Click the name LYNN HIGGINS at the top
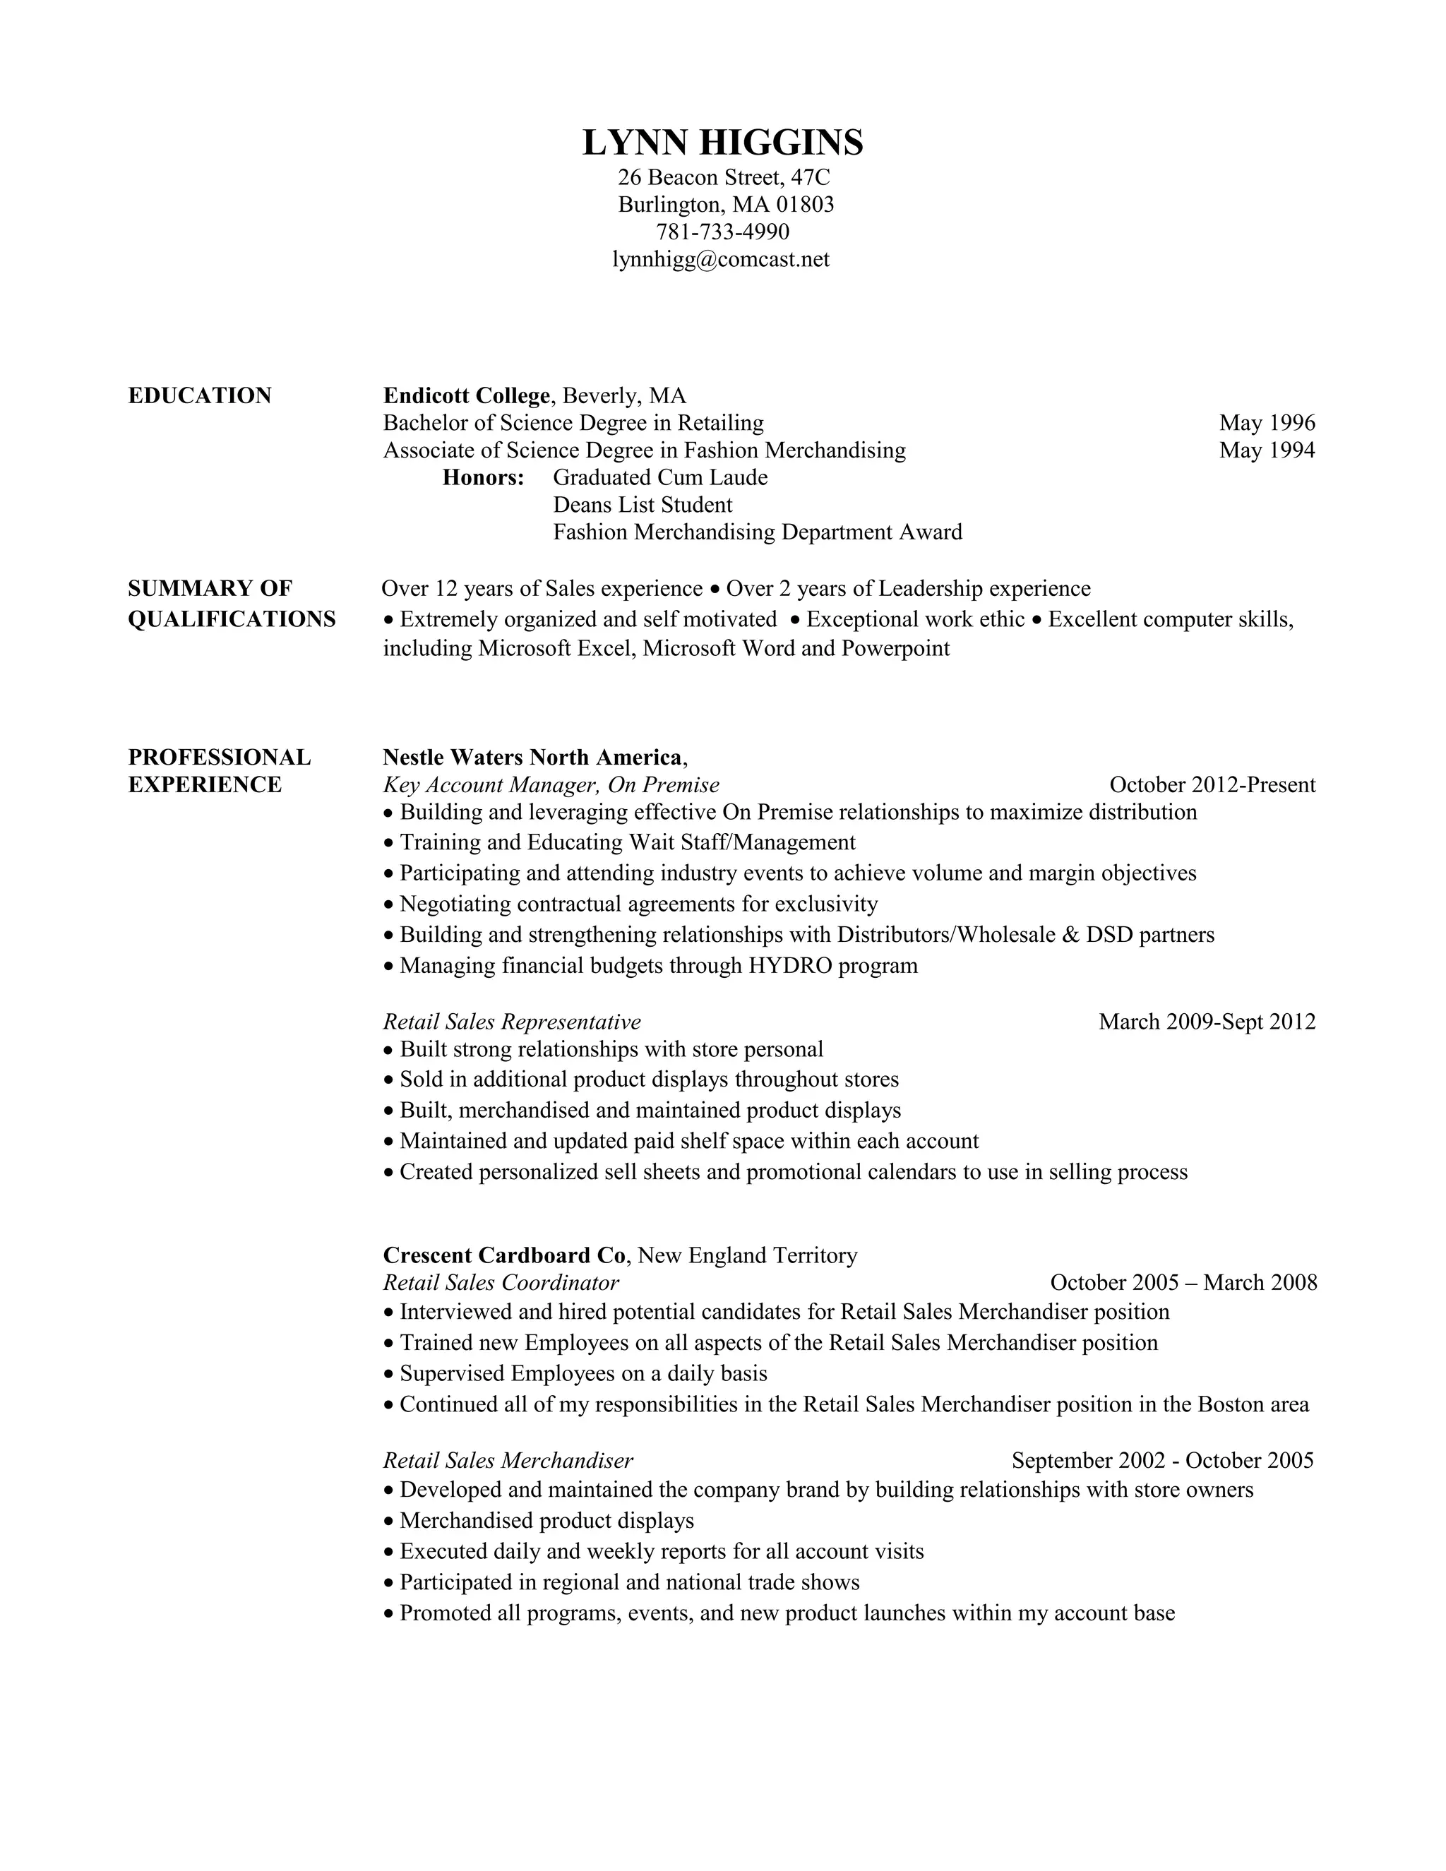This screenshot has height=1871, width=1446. pyautogui.click(x=722, y=142)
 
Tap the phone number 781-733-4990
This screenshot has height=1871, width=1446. pyautogui.click(x=722, y=232)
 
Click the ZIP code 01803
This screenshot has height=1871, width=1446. pyautogui.click(x=804, y=204)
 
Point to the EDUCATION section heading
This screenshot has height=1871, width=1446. pyautogui.click(x=200, y=396)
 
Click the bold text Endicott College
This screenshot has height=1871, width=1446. pyautogui.click(x=466, y=396)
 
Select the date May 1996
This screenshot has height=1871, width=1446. pyautogui.click(x=1267, y=423)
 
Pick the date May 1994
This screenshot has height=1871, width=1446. pyautogui.click(x=1267, y=450)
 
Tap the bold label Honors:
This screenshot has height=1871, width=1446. pyautogui.click(x=483, y=478)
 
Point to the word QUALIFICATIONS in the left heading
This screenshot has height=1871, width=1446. pyautogui.click(x=232, y=619)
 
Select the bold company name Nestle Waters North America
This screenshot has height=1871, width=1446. pyautogui.click(x=532, y=758)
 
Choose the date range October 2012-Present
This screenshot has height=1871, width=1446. pyautogui.click(x=1212, y=784)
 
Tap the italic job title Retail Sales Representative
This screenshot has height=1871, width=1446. pyautogui.click(x=511, y=1022)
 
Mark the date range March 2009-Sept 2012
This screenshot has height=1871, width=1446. pyautogui.click(x=1207, y=1022)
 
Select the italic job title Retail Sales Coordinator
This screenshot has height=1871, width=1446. pyautogui.click(x=501, y=1284)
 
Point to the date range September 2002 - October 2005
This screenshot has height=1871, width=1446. pyautogui.click(x=1162, y=1461)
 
